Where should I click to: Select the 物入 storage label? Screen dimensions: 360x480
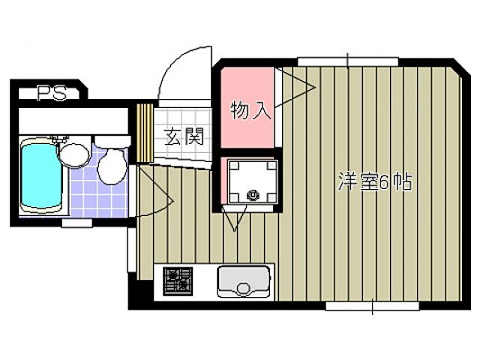250,111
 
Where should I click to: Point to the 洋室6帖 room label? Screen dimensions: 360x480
375,182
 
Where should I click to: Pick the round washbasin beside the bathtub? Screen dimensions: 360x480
73,155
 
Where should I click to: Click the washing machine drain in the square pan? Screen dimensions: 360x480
252,196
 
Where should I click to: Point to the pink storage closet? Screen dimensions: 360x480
248,109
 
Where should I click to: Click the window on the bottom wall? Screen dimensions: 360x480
372,305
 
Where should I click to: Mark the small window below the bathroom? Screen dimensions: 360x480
77,222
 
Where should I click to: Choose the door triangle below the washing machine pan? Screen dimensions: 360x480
235,217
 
